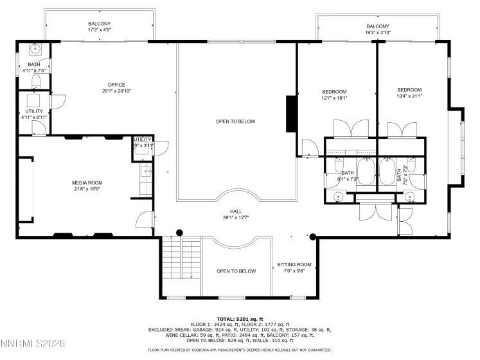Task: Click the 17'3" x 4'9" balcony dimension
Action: [x=100, y=27]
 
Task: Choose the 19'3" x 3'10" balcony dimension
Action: [x=378, y=30]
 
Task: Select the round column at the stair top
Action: [x=180, y=233]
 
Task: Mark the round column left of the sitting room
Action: [x=312, y=237]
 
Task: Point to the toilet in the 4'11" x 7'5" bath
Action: [x=37, y=81]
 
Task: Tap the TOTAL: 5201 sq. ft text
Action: [x=240, y=319]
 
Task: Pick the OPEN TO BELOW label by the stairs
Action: [x=236, y=271]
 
